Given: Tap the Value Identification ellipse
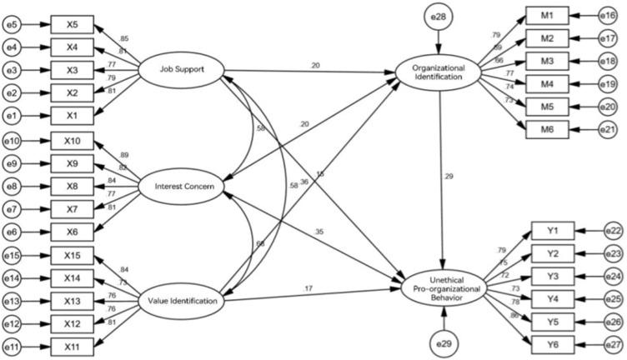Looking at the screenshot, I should click(x=180, y=302).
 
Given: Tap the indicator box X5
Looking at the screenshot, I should click(x=73, y=22).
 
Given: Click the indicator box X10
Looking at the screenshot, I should click(x=73, y=139).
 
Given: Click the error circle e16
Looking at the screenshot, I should click(x=613, y=16).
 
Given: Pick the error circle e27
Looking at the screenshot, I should click(x=613, y=342).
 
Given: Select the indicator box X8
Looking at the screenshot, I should click(x=73, y=184).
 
